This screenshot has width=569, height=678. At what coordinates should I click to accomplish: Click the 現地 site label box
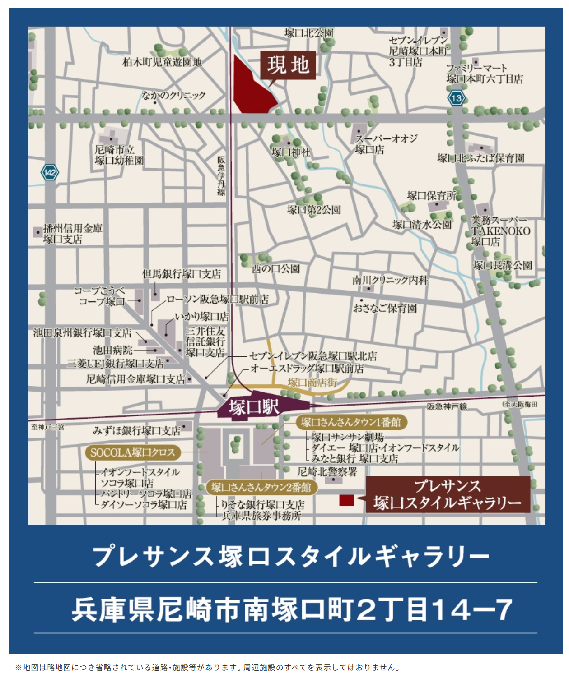pos(288,65)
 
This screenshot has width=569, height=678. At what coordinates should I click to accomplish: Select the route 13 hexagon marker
pos(456,98)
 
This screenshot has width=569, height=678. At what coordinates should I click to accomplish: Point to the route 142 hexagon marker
pos(50,172)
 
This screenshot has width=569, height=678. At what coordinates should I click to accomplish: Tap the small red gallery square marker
pos(346,500)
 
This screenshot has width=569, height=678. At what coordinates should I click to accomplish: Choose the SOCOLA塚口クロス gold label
pos(132,452)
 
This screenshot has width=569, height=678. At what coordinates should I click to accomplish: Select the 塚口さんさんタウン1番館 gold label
pos(351,422)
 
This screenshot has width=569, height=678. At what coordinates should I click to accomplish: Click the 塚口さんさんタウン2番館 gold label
pos(261,487)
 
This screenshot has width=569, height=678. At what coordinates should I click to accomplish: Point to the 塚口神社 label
pos(291,152)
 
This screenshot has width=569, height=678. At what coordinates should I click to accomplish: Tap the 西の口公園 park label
pos(276,269)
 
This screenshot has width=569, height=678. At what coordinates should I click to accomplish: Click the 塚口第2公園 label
pos(314,210)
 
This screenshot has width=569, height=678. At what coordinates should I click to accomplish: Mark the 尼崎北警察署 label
pos(327,472)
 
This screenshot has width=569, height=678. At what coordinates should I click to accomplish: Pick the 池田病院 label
pos(113,350)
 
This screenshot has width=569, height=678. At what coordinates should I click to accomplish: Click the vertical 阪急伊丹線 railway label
pos(221,176)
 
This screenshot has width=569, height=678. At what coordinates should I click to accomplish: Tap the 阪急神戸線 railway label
pos(447,406)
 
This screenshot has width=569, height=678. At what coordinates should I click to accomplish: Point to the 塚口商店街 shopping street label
pos(312,383)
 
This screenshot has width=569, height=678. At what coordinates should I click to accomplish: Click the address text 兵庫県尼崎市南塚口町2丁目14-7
pos(292,609)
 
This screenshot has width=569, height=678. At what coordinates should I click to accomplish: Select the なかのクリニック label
pos(173,95)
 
